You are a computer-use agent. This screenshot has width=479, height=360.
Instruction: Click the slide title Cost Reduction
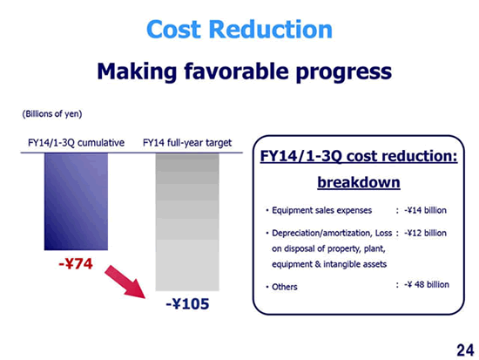[x=239, y=29]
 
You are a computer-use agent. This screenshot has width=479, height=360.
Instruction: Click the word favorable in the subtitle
[x=236, y=71]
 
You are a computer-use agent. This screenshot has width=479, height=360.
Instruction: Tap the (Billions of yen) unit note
[x=52, y=114]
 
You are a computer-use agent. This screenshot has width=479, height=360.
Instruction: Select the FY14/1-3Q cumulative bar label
[x=76, y=143]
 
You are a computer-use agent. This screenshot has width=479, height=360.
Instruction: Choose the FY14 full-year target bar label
[x=187, y=143]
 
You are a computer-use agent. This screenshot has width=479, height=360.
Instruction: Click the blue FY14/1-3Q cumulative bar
[x=76, y=201]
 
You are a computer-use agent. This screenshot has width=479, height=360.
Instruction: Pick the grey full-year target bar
[x=187, y=221]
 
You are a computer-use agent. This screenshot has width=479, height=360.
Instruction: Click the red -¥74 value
[x=76, y=263]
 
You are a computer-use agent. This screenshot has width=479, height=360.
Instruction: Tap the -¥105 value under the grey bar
[x=187, y=304]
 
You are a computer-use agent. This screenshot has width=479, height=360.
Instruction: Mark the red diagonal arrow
[x=125, y=282]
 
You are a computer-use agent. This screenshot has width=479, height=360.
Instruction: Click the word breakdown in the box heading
[x=359, y=182]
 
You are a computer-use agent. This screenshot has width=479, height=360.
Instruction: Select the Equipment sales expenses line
[x=321, y=210]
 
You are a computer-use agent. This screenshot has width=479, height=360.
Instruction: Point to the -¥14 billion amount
[x=425, y=210]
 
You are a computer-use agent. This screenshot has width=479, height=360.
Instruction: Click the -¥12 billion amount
[x=425, y=233]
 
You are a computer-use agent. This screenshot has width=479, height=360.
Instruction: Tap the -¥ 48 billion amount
[x=427, y=284]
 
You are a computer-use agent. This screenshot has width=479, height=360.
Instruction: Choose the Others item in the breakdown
[x=285, y=287]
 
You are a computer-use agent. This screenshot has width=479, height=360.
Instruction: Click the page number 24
[x=465, y=350]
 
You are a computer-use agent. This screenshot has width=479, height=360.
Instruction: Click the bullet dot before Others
[x=267, y=287]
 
